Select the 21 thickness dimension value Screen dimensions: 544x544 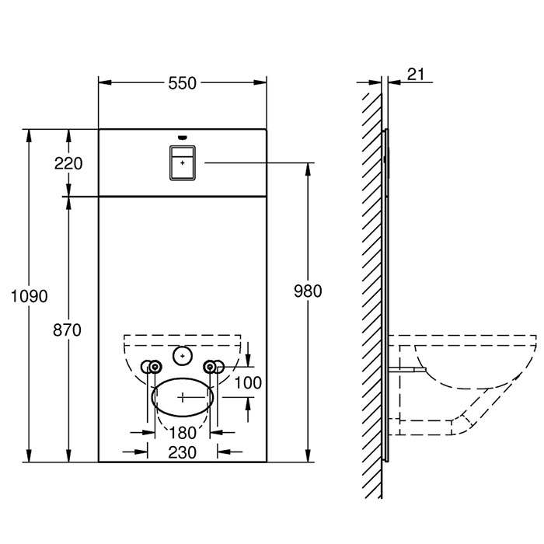click(x=415, y=74)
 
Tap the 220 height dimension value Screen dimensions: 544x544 click(x=69, y=163)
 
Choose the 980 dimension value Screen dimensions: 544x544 click(x=308, y=291)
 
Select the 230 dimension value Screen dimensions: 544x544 click(x=183, y=451)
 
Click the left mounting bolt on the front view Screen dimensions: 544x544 click(x=154, y=367)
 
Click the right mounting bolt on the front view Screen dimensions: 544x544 click(x=210, y=367)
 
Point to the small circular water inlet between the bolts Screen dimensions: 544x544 click(x=183, y=356)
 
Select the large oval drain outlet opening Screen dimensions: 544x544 click(x=183, y=396)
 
